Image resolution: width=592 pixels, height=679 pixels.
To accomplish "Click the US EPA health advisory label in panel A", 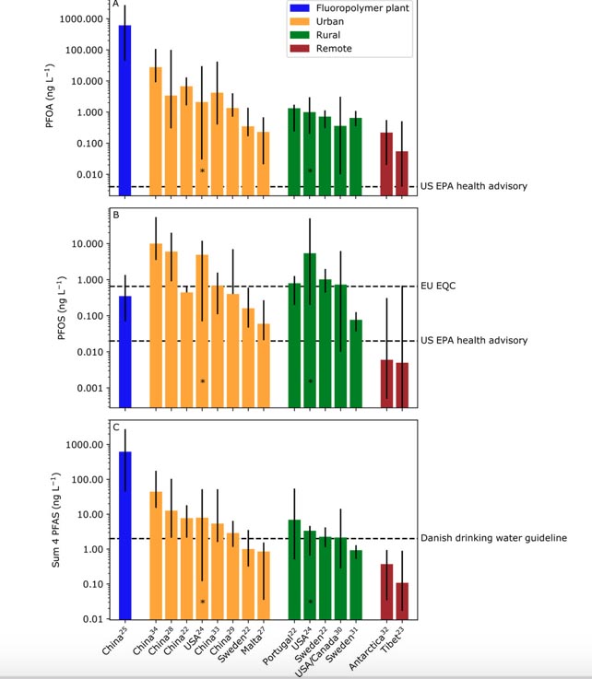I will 473,187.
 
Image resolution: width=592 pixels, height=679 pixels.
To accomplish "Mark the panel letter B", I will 116,216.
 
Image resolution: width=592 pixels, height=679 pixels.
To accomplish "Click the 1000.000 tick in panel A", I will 77,19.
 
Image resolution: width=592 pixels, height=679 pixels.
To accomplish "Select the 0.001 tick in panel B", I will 88,388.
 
